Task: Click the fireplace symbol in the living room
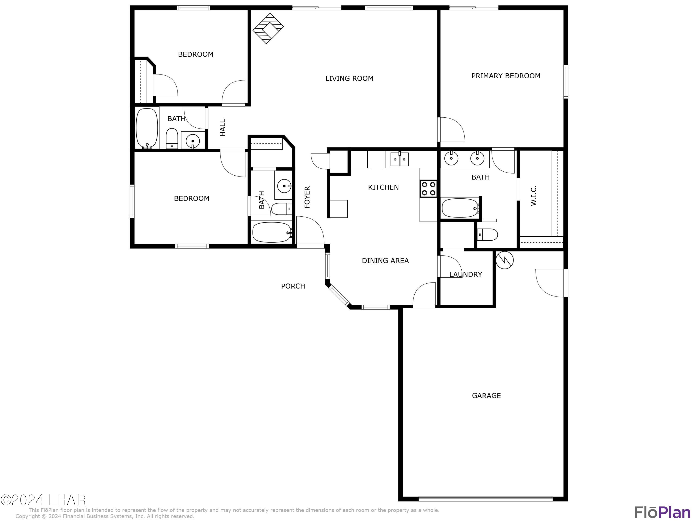pos(268,28)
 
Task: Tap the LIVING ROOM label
pos(349,78)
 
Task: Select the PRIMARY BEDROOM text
pos(506,76)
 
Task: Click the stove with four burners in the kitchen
pos(428,189)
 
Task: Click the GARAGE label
pos(486,395)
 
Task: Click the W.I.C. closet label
pos(534,196)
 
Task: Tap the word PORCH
pos(293,286)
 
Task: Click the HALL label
pos(223,128)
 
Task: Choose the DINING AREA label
pos(385,261)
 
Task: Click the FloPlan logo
pos(662,512)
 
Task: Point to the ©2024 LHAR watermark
pos(43,500)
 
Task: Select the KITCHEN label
pos(383,187)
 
